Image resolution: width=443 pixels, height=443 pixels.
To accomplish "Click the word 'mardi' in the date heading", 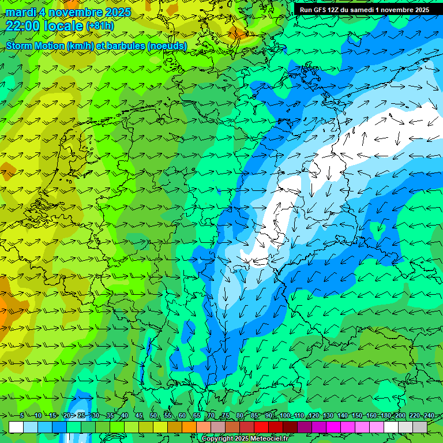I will pyautogui.click(x=20, y=12).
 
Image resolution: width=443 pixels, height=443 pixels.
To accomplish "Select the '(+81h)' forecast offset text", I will pyautogui.click(x=100, y=26).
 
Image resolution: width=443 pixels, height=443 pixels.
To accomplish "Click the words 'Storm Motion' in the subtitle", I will pyautogui.click(x=35, y=46).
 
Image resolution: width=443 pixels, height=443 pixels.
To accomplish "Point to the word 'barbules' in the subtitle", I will pyautogui.click(x=127, y=46).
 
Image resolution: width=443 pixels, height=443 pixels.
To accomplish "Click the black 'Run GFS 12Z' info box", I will pyautogui.click(x=364, y=10).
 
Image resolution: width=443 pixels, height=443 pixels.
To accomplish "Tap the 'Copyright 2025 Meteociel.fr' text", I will pyautogui.click(x=245, y=439).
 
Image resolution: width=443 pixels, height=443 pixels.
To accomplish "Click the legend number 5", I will pyautogui.click(x=22, y=416).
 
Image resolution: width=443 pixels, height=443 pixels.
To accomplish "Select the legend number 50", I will pyautogui.click(x=153, y=416).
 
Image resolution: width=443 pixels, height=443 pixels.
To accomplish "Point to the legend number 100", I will pyautogui.click(x=284, y=416).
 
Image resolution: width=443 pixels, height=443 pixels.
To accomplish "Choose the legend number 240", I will pyautogui.click(x=428, y=416).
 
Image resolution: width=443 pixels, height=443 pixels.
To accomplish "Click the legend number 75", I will pyautogui.click(x=226, y=416).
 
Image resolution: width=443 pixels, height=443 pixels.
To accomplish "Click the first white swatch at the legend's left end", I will pyautogui.click(x=16, y=427).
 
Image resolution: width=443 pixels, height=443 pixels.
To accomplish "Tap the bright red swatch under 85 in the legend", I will pyautogui.click(x=261, y=427).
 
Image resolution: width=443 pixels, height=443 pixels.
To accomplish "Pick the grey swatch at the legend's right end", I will pyautogui.click(x=420, y=427).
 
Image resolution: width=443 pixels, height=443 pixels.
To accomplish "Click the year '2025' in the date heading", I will pyautogui.click(x=116, y=12).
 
